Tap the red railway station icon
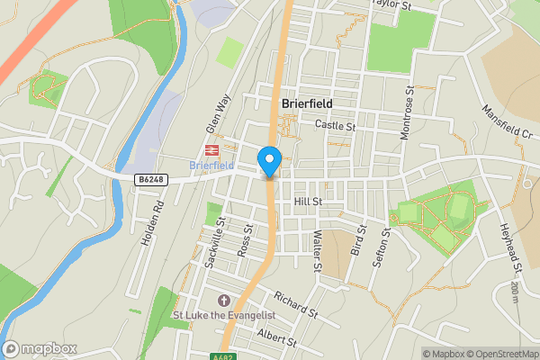[213, 151]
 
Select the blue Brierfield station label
[212, 166]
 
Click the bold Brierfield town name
[307, 103]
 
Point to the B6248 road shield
[151, 180]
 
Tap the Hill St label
[307, 202]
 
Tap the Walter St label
[317, 250]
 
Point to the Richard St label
[297, 306]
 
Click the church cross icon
[224, 300]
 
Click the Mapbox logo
[40, 348]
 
